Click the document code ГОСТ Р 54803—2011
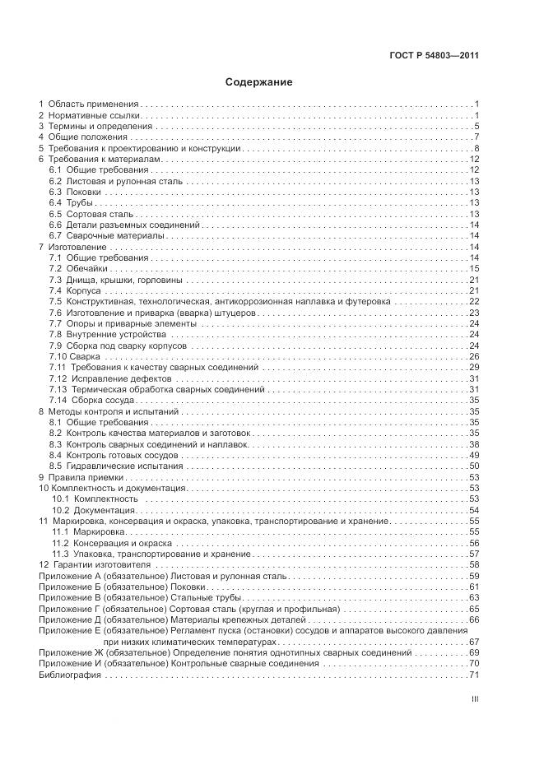click(x=434, y=56)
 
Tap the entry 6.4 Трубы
click(x=71, y=202)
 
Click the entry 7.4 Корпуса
click(x=75, y=290)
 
